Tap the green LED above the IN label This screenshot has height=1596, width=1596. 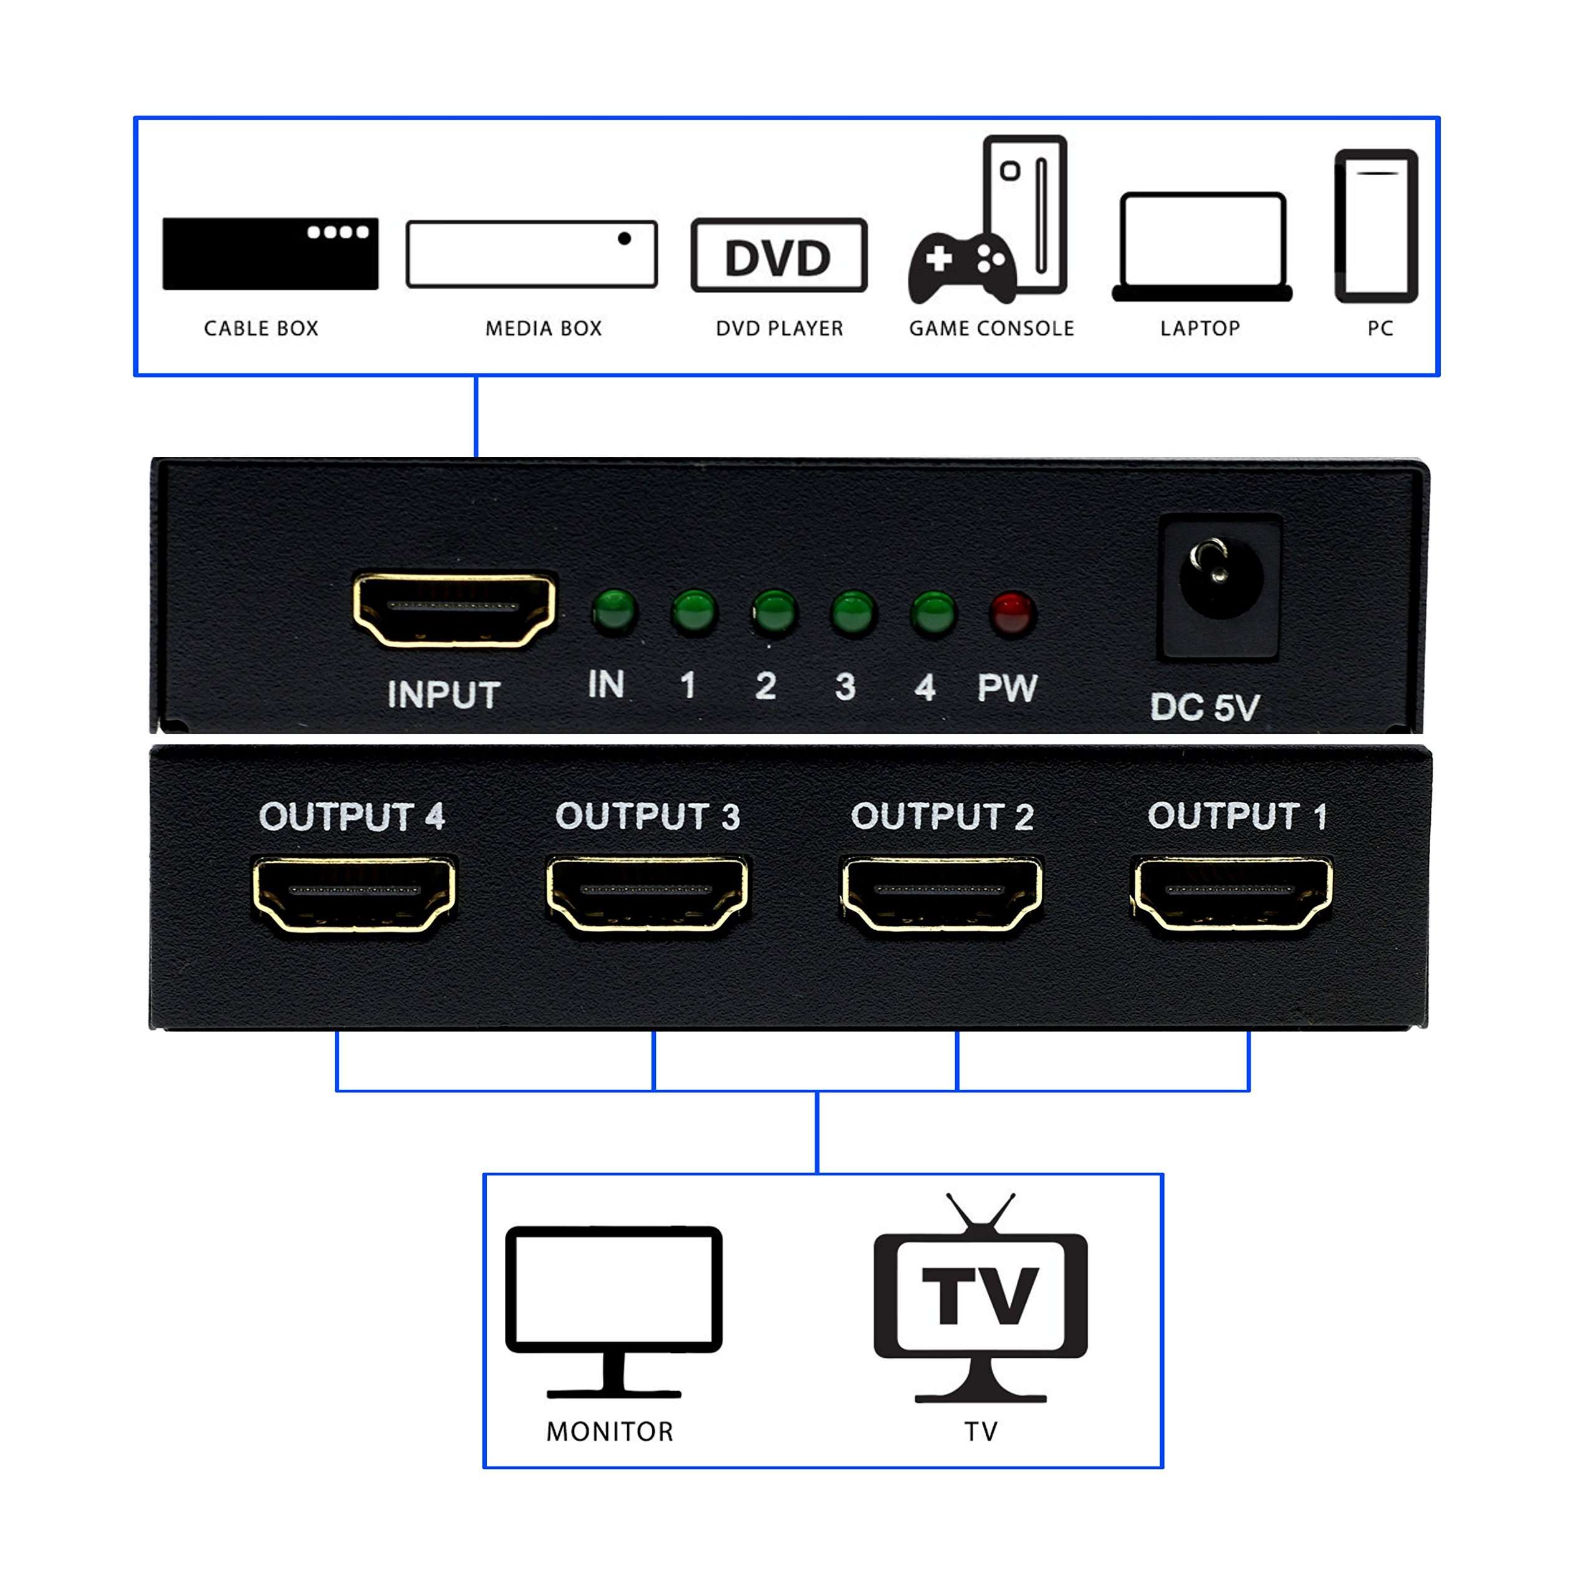(614, 612)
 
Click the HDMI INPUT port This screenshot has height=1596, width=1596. (454, 609)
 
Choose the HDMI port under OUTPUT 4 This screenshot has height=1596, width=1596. (353, 894)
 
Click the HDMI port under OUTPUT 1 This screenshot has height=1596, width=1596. (1231, 894)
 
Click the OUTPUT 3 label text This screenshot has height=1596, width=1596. (648, 816)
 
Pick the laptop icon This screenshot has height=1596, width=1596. (1202, 247)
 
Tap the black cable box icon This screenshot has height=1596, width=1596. (270, 254)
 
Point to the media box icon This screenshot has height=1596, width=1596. (532, 254)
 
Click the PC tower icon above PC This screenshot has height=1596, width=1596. (1377, 226)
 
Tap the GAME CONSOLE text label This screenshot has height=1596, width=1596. (991, 329)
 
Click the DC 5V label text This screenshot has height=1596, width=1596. (1204, 707)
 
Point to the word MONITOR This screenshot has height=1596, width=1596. (610, 1431)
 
